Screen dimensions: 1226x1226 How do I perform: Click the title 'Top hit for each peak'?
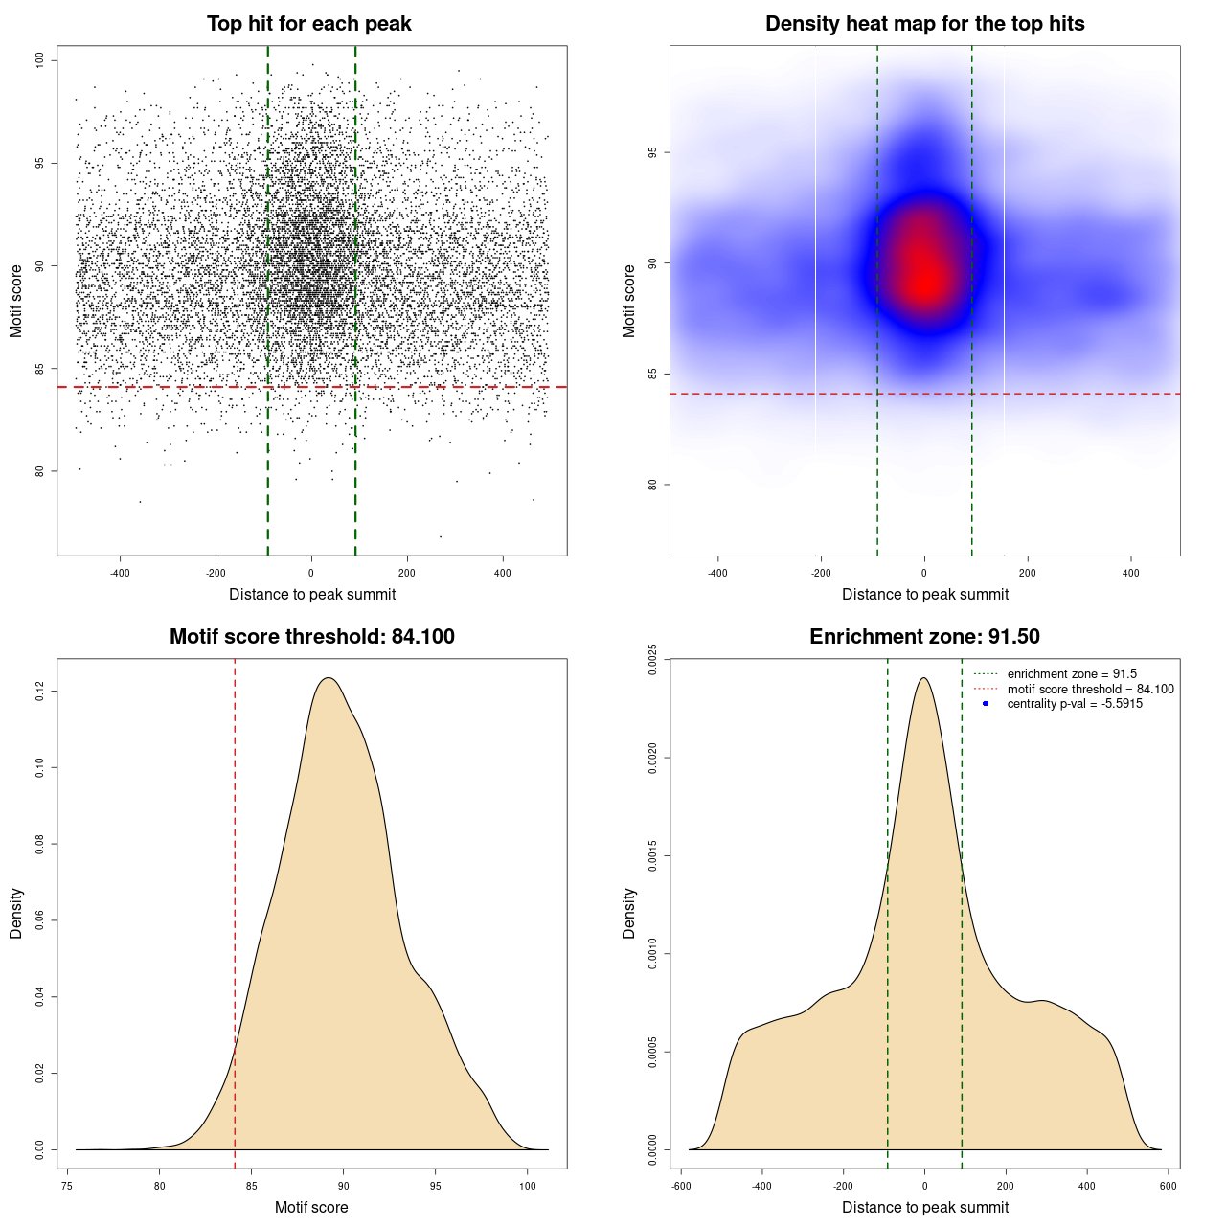[308, 24]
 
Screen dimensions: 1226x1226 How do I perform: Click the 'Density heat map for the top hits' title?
[924, 24]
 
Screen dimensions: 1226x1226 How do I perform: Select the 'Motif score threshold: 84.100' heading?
[311, 637]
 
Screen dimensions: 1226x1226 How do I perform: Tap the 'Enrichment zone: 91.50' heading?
[924, 637]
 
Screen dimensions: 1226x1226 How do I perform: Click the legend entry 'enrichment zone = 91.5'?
[1072, 674]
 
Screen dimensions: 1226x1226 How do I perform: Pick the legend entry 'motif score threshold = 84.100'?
[1090, 689]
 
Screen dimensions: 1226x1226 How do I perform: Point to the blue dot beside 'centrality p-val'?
[986, 704]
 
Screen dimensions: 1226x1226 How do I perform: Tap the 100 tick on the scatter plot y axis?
[40, 60]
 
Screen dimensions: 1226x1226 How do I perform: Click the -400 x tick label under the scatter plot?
[120, 573]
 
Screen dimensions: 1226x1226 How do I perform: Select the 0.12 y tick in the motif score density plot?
[40, 691]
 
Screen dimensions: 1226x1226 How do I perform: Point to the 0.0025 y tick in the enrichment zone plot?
[653, 660]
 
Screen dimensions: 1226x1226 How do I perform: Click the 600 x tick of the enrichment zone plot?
[1168, 1186]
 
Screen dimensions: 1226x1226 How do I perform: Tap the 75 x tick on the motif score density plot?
[67, 1186]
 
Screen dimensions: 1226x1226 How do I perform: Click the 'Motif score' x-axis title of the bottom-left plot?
[311, 1207]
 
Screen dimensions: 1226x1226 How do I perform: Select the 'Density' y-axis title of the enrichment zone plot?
[629, 913]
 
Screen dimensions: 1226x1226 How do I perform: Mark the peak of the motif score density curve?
[329, 678]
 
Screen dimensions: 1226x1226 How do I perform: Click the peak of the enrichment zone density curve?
[923, 678]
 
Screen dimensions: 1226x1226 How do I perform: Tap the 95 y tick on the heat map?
[653, 152]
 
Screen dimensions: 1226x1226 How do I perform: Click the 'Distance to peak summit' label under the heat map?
[924, 594]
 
